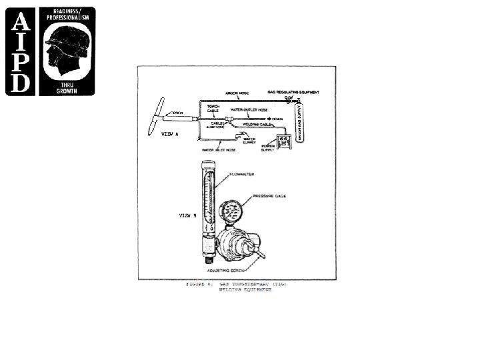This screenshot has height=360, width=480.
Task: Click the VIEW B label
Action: pyautogui.click(x=188, y=216)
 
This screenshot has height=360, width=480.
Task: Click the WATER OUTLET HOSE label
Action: pyautogui.click(x=249, y=109)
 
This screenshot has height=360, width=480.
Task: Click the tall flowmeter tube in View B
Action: pyautogui.click(x=209, y=200)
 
